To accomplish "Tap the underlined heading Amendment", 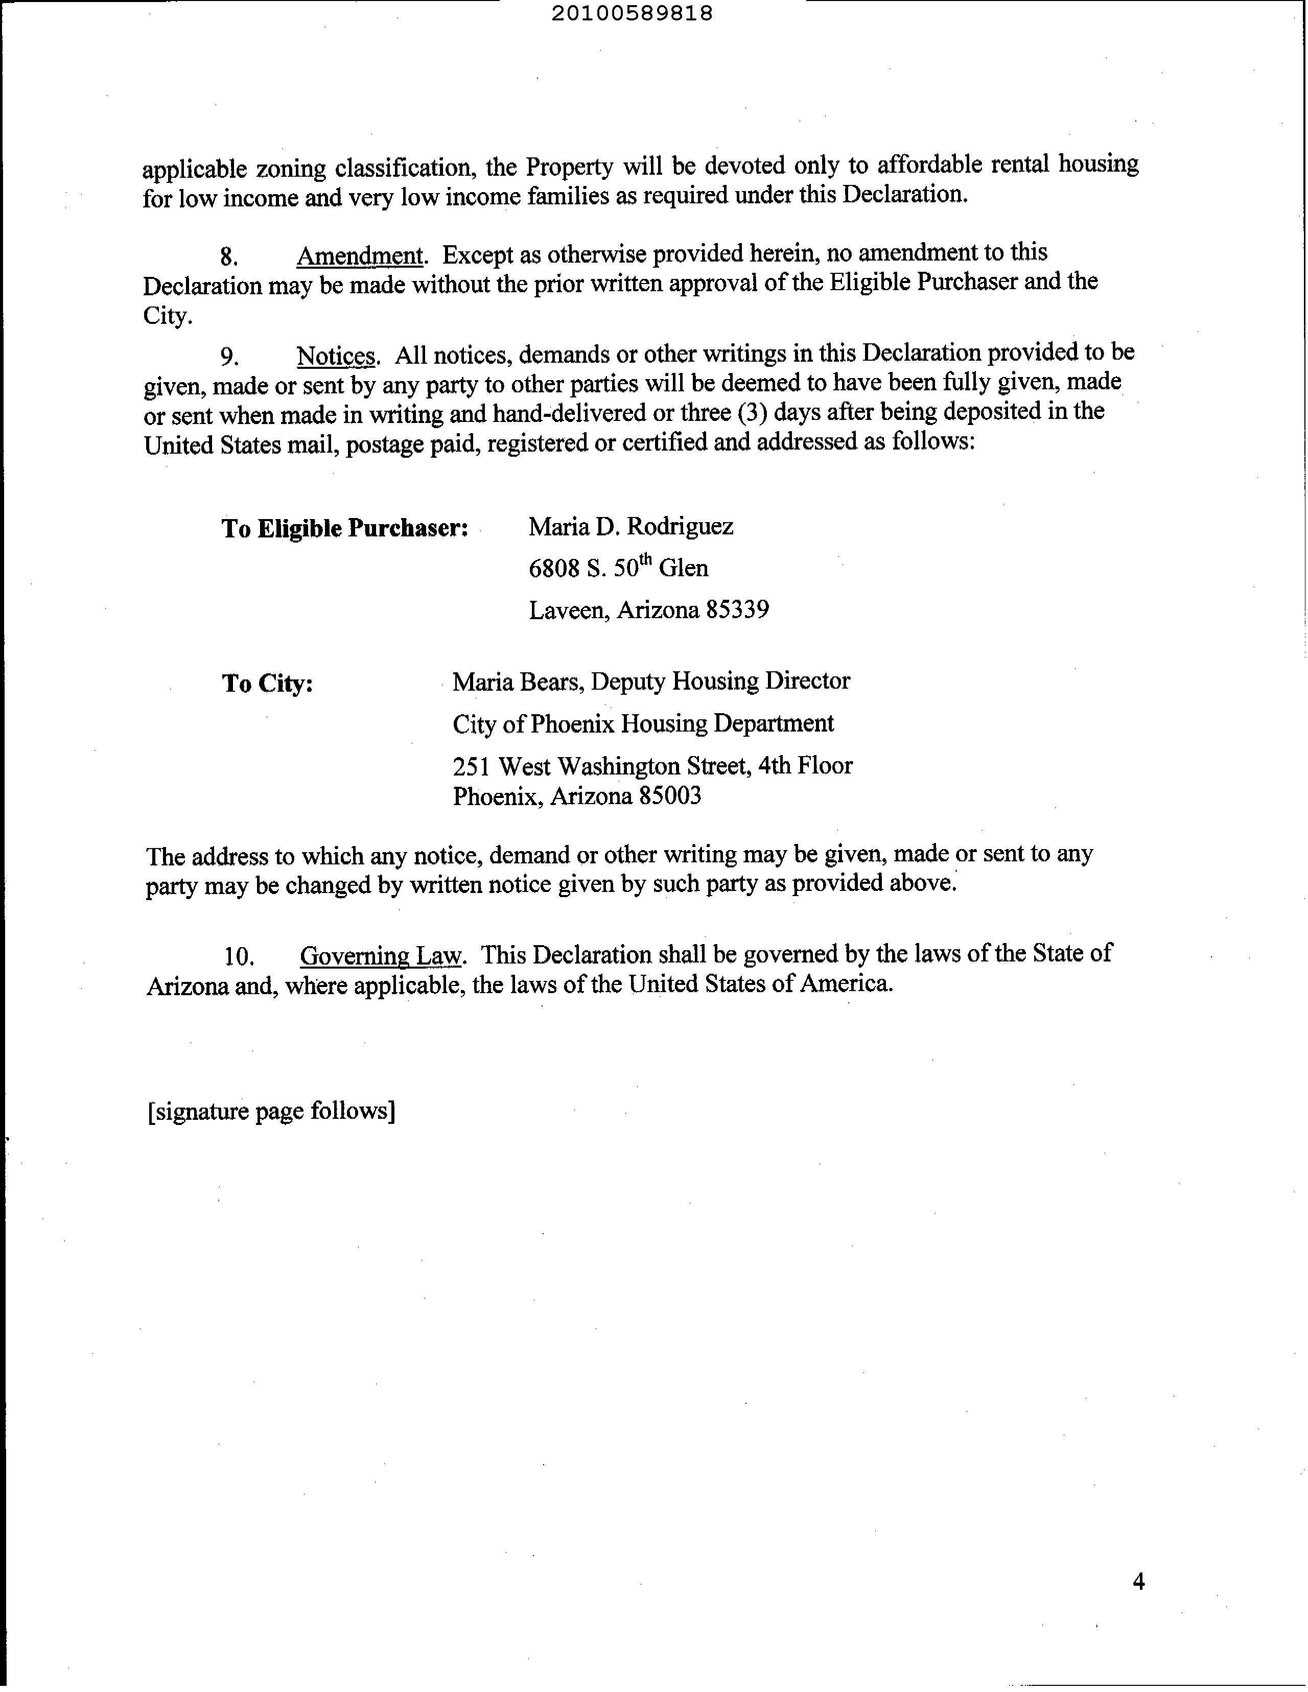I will coord(360,255).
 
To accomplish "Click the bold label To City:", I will coord(267,684).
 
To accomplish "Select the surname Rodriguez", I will coord(680,527).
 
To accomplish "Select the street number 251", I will coord(471,766).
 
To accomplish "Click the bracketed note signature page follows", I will coord(271,1112).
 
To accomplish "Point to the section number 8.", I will coord(228,257).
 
